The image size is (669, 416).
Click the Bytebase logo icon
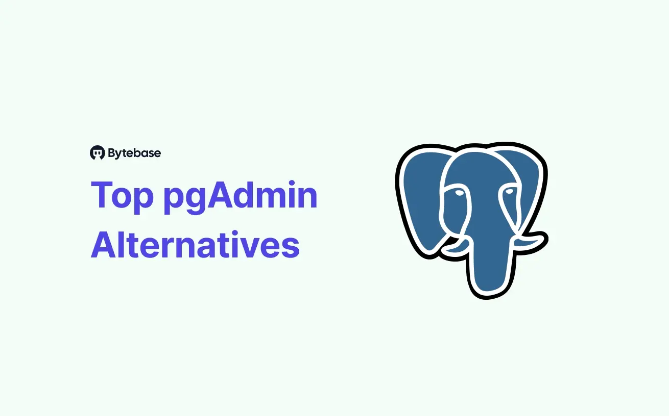tap(97, 152)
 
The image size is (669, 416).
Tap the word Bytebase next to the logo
tap(134, 152)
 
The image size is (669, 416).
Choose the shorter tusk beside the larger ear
tap(454, 248)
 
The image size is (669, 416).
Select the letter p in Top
tap(144, 200)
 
